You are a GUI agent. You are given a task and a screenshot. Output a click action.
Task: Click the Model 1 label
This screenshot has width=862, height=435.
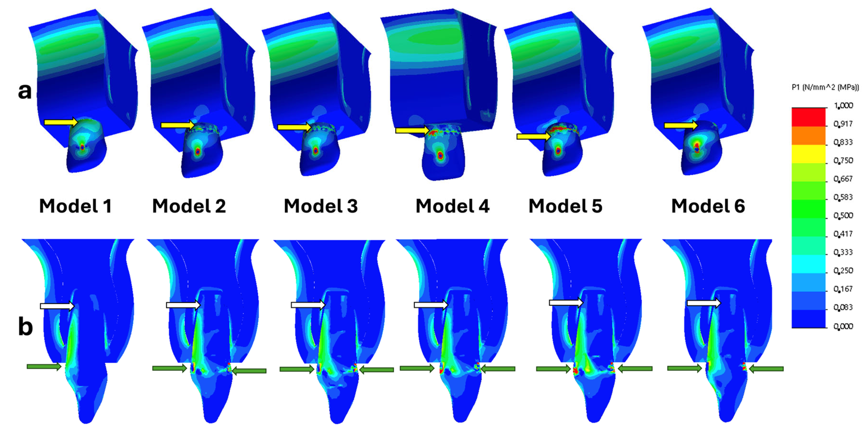tap(75, 206)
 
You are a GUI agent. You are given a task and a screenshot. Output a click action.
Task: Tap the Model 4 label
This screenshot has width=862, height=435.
tap(452, 206)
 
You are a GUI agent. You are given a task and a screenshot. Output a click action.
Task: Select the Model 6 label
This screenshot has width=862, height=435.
tap(708, 206)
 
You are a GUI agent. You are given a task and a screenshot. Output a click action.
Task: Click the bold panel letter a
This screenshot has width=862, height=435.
tap(25, 91)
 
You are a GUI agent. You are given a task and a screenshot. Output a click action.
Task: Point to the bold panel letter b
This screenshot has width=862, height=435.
tap(25, 327)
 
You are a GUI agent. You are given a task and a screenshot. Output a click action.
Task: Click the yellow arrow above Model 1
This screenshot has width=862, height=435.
tap(61, 122)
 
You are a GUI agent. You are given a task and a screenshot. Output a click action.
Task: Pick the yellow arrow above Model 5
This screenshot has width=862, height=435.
tap(534, 136)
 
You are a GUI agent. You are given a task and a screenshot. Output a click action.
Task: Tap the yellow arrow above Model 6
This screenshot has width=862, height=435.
tap(681, 125)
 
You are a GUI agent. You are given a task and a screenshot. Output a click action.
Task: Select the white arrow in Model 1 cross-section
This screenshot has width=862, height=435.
tap(57, 306)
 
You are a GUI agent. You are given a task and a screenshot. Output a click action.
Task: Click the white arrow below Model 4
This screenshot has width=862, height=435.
tap(431, 305)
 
